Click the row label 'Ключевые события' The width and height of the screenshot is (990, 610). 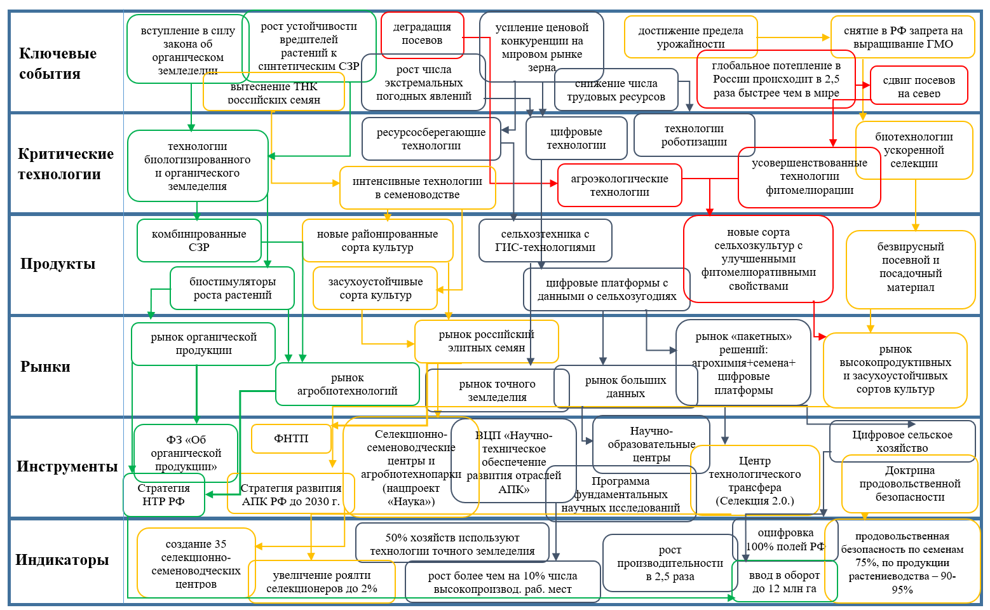58,64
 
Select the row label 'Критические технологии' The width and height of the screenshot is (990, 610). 65,164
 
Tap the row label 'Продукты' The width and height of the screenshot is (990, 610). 57,264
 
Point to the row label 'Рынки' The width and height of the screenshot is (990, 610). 45,367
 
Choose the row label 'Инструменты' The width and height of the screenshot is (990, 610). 67,466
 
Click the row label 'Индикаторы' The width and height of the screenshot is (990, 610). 62,560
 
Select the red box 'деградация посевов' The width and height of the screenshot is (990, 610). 422,34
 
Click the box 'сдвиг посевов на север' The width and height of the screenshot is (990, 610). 918,86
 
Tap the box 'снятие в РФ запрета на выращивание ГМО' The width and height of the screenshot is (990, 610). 902,37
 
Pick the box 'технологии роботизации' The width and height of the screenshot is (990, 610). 694,135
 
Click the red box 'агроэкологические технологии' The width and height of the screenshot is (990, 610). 619,186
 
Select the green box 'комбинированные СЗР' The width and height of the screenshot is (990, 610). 199,240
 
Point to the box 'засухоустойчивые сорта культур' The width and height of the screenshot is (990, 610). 375,288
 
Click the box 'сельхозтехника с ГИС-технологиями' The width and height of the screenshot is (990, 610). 545,240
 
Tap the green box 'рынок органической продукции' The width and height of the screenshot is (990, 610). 203,344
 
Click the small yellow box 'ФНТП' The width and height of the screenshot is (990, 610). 291,438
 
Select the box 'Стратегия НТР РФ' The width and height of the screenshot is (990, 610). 163,495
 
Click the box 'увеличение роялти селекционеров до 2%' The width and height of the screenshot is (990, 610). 322,582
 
